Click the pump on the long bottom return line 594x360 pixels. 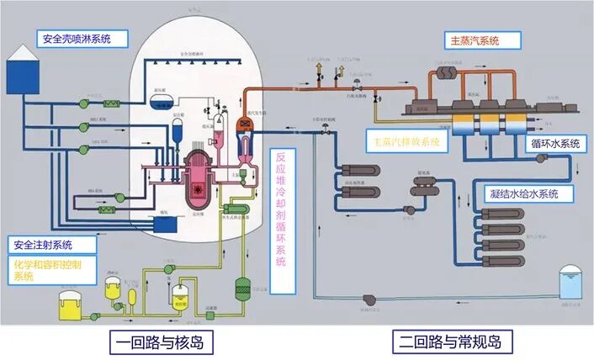pyautogui.click(x=369, y=299)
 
